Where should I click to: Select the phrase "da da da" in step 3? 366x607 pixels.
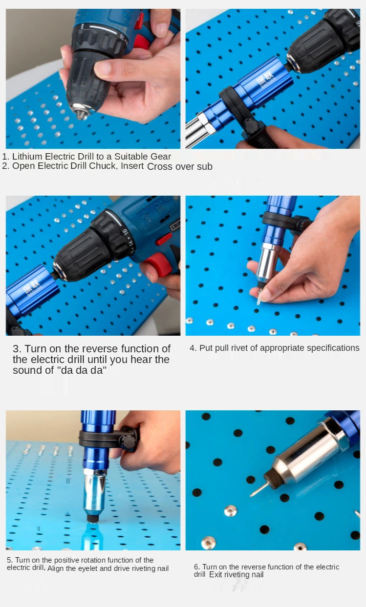point(84,370)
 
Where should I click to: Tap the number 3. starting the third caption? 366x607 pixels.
point(17,348)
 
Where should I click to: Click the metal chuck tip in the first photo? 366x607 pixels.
point(81,113)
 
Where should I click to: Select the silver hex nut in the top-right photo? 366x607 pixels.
point(206,123)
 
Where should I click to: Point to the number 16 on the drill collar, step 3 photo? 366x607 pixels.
point(124,232)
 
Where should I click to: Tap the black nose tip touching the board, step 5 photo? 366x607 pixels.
point(92,517)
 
